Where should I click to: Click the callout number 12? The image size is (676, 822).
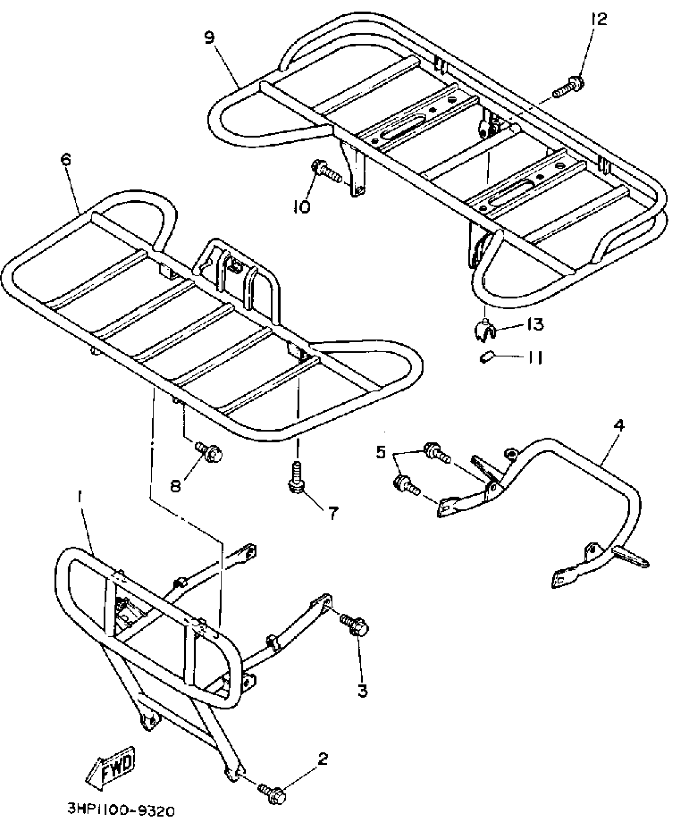(599, 19)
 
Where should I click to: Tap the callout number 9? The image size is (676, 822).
(209, 38)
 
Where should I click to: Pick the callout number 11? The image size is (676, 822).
(534, 358)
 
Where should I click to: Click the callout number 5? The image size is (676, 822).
(381, 452)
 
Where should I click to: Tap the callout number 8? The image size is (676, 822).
(176, 485)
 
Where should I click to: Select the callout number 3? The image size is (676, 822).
(362, 691)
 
